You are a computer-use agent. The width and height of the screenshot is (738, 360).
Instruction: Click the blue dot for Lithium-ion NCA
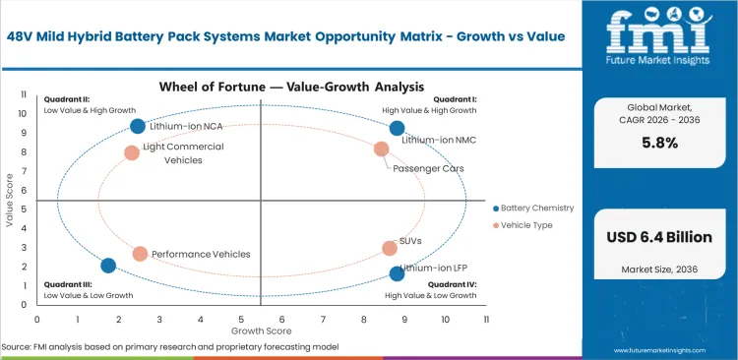click(x=138, y=126)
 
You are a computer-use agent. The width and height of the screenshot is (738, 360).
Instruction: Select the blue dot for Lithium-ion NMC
click(x=397, y=128)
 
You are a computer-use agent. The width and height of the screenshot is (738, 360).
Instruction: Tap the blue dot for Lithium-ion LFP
click(x=397, y=273)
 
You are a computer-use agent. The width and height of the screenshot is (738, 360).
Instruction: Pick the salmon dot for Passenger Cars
click(x=382, y=149)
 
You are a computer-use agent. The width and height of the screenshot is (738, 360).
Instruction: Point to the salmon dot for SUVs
click(x=390, y=249)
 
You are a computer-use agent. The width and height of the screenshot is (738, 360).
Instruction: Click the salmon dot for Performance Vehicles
click(x=140, y=254)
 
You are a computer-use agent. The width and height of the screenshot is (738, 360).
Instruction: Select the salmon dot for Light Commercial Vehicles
click(x=132, y=152)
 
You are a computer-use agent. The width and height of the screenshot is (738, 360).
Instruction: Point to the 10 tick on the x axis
click(x=445, y=319)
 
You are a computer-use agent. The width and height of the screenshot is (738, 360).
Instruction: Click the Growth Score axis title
click(x=261, y=331)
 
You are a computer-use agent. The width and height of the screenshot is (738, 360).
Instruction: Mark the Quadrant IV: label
click(x=451, y=284)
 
